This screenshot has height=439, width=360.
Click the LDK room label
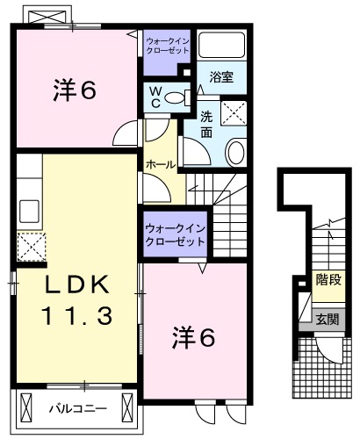tap(76, 285)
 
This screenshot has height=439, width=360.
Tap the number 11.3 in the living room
tap(76, 315)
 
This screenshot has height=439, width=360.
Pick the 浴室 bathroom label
tap(220, 76)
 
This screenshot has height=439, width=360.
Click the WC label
tap(155, 96)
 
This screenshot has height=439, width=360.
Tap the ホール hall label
tap(159, 164)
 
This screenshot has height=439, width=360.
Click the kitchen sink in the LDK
tap(26, 212)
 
